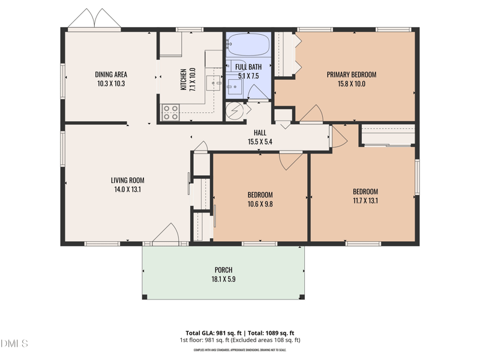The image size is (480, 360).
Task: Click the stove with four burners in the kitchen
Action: click(x=170, y=112)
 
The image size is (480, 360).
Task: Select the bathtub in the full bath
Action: click(x=248, y=44)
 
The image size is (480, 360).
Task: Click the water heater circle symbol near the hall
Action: click(x=235, y=111)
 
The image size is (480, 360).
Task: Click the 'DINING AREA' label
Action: click(x=111, y=74)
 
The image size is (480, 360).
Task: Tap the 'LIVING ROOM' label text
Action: click(x=127, y=180)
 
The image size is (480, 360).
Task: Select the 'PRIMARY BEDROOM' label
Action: click(x=351, y=74)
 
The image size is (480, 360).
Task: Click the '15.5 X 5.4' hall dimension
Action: click(x=260, y=142)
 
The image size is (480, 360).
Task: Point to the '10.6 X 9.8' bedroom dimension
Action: click(x=260, y=204)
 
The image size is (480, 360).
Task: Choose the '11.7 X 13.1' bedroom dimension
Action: click(x=365, y=201)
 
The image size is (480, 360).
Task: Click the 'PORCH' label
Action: click(x=223, y=270)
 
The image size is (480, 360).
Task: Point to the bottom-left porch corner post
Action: click(x=145, y=296)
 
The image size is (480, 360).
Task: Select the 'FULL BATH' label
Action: click(x=248, y=67)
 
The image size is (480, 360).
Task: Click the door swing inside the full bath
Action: click(x=259, y=91)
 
